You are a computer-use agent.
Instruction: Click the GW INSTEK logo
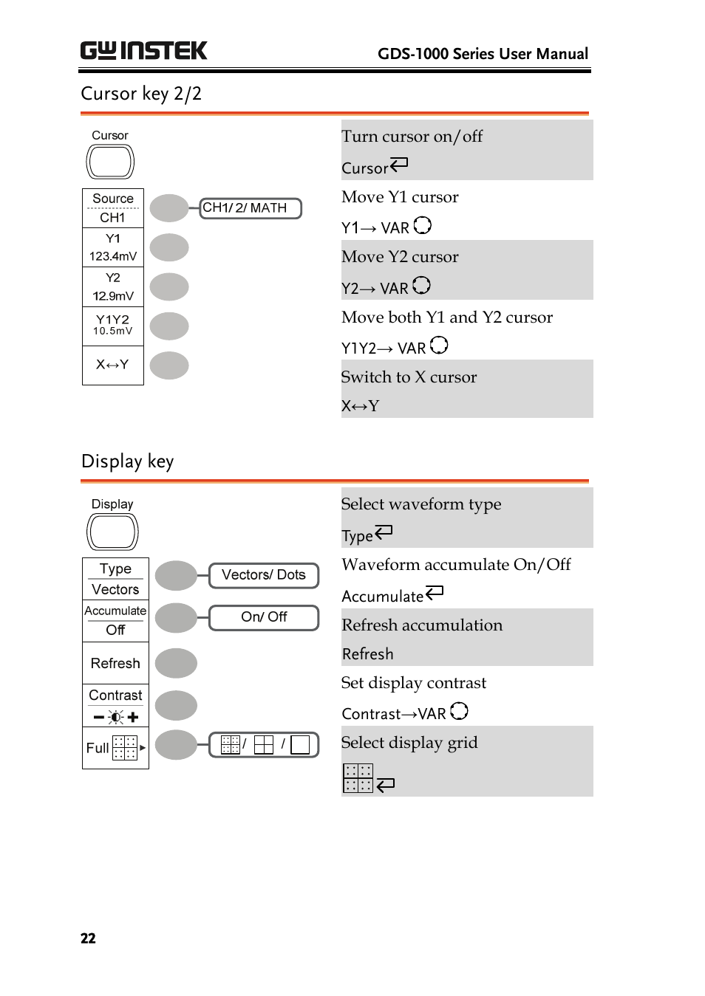tap(143, 50)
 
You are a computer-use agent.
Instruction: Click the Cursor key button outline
tap(110, 162)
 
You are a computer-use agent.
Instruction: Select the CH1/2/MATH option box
tap(251, 208)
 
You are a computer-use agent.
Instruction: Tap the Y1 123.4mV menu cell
tap(113, 247)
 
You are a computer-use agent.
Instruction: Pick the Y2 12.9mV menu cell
tap(113, 286)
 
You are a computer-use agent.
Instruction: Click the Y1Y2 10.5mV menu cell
tap(113, 326)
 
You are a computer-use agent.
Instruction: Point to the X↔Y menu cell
tap(113, 365)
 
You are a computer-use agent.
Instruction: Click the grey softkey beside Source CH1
tap(169, 208)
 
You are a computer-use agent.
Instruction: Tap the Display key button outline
tap(112, 532)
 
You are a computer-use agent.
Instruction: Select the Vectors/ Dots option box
tap(264, 575)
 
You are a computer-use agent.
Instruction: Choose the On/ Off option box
tap(264, 617)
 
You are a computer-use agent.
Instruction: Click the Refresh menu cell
tap(115, 663)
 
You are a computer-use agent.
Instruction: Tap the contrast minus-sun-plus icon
tap(116, 717)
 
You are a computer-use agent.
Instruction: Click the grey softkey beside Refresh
tap(176, 663)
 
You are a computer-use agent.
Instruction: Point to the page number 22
tap(88, 938)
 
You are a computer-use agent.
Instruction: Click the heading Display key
tap(127, 461)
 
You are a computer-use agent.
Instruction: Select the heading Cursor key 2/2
tap(141, 94)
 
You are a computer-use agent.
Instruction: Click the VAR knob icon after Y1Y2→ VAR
tap(439, 345)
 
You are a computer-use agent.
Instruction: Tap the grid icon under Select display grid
tap(358, 778)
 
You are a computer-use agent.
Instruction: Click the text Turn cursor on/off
tap(412, 137)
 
